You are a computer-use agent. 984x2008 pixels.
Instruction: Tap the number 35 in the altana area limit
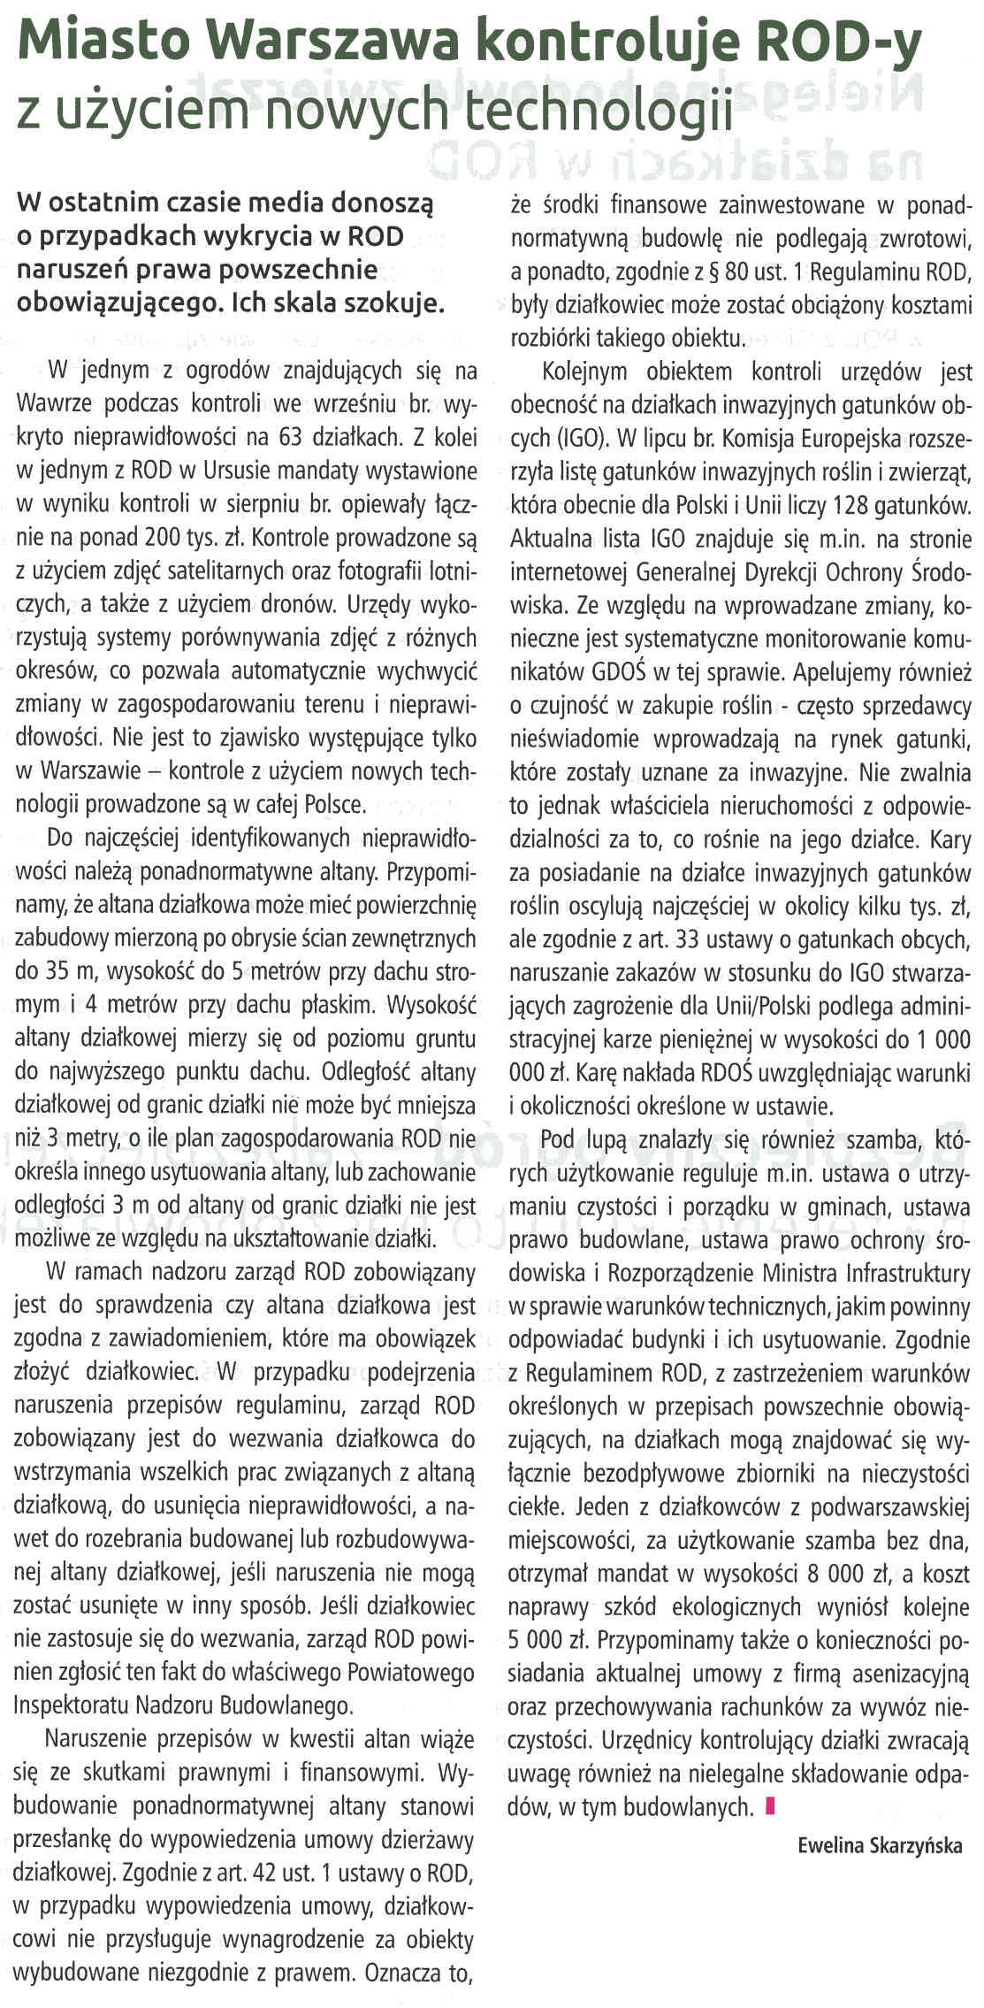click(x=58, y=971)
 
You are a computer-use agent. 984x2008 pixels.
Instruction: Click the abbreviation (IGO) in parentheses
click(x=583, y=439)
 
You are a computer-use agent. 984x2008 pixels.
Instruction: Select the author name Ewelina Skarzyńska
click(x=879, y=1845)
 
